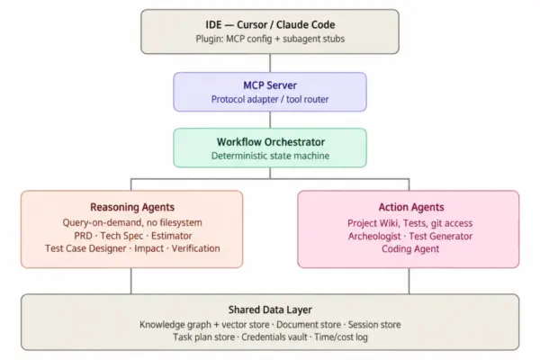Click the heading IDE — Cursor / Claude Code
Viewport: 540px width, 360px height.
point(270,25)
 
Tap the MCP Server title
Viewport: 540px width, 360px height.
point(270,85)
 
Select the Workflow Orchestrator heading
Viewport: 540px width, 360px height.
point(271,142)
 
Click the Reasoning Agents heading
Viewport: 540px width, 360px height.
point(132,207)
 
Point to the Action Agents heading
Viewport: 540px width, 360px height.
point(411,207)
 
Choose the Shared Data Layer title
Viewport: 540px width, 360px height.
point(270,310)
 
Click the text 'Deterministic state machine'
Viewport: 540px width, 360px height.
point(270,156)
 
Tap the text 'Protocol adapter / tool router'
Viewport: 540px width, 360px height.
point(270,99)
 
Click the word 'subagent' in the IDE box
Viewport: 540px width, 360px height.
point(298,39)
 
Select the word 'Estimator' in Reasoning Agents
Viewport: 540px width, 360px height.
point(172,236)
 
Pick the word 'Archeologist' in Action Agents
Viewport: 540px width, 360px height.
point(374,237)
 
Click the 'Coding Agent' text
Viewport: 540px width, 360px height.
point(410,249)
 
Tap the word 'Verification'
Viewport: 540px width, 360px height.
point(195,248)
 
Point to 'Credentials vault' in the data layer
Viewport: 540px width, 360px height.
point(274,337)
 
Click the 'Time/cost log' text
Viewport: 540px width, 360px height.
point(341,337)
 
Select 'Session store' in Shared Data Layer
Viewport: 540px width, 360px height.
point(374,325)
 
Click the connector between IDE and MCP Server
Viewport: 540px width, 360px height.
point(270,63)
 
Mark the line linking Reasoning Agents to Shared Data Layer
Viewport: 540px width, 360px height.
point(131,281)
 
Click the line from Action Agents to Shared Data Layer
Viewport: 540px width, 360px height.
point(409,281)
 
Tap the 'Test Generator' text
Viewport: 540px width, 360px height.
point(440,237)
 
